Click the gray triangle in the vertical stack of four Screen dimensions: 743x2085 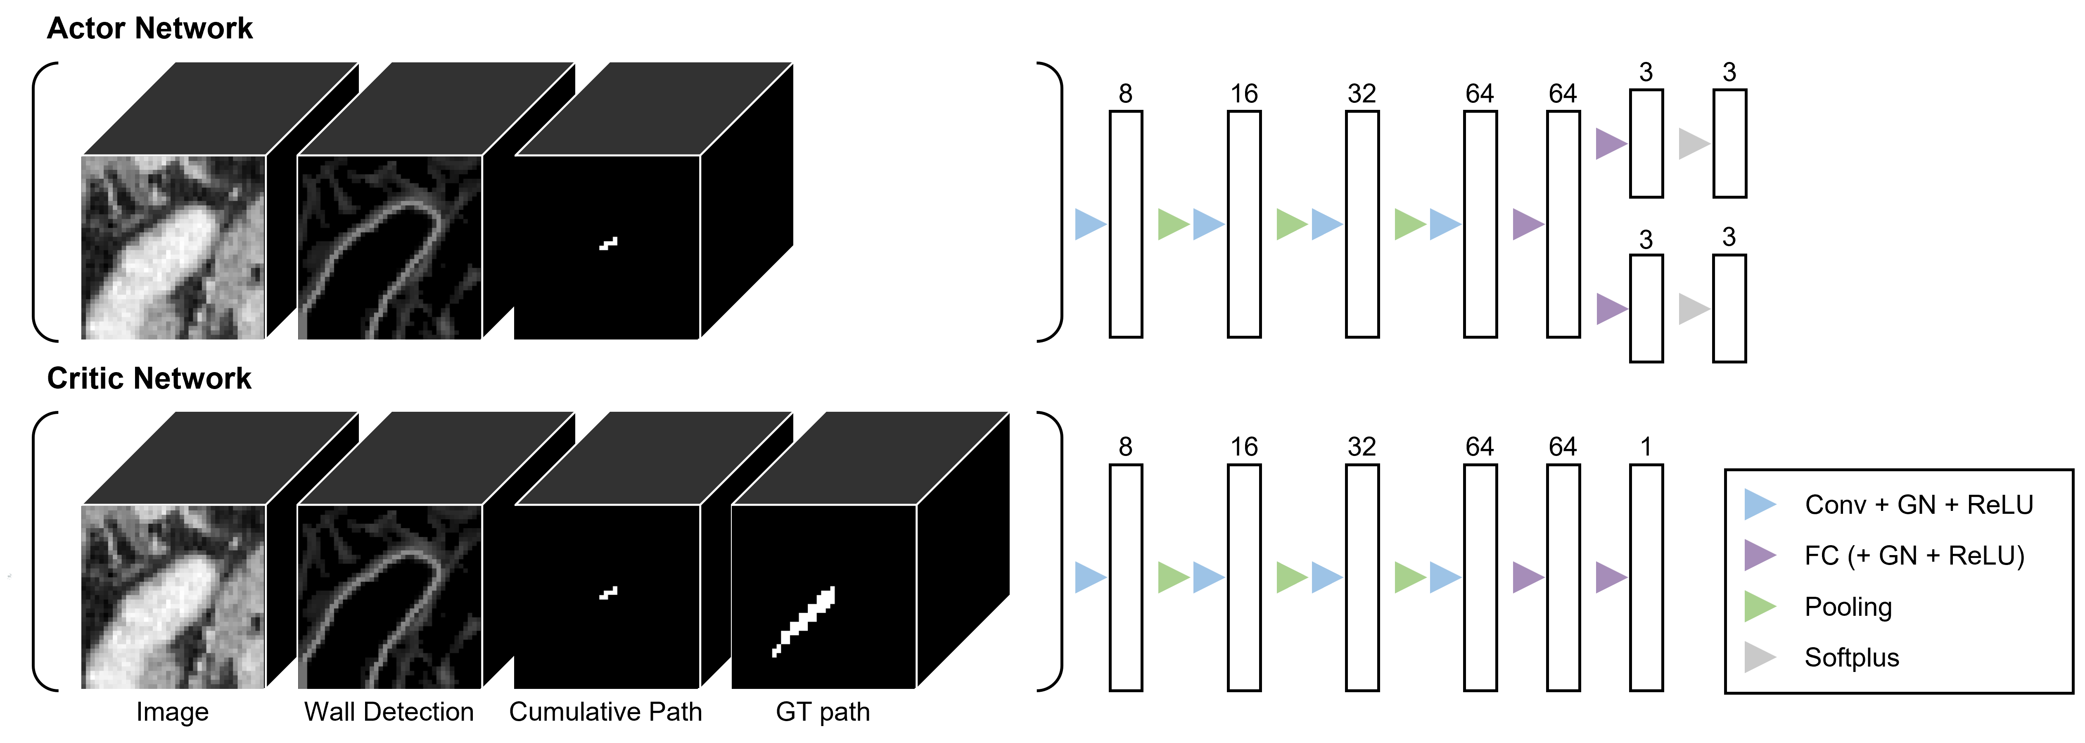[x=1758, y=657]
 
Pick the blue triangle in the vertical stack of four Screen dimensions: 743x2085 [x=1758, y=504]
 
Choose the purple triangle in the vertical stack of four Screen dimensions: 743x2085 [x=1758, y=555]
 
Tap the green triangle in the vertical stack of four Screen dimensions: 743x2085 [x=1758, y=606]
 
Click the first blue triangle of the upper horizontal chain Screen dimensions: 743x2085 [x=1089, y=224]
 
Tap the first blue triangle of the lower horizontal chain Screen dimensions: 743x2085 [x=1089, y=577]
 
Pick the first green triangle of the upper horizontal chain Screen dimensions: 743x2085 [x=1172, y=224]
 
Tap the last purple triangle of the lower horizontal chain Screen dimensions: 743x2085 [x=1610, y=577]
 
